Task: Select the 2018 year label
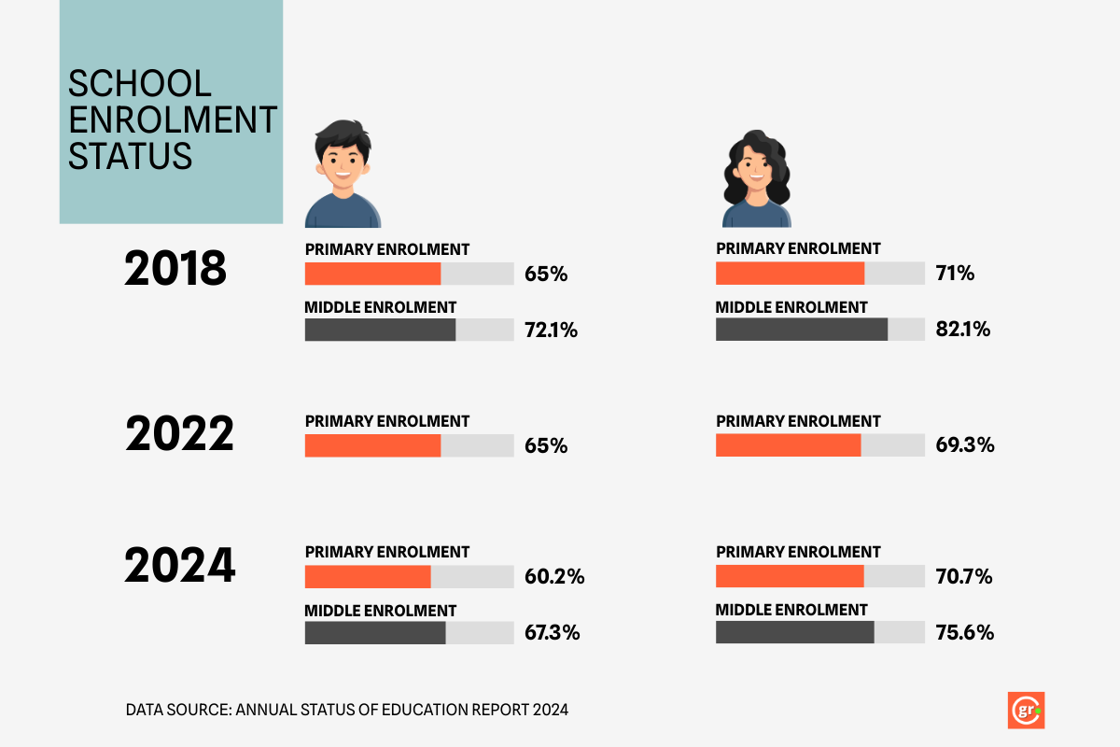click(x=175, y=269)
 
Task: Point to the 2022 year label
click(x=179, y=435)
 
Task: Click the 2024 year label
click(x=179, y=566)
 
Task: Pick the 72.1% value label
click(x=552, y=330)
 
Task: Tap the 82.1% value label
click(x=962, y=330)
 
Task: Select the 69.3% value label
click(x=964, y=445)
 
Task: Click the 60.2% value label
click(x=554, y=576)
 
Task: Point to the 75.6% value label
click(x=964, y=632)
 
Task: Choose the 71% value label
click(x=955, y=274)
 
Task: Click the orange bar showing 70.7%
click(x=790, y=576)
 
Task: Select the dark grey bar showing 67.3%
click(x=375, y=633)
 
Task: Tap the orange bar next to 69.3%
click(x=788, y=445)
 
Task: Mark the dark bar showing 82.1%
click(x=801, y=330)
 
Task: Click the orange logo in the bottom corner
click(x=1026, y=711)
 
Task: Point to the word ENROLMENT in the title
click(x=173, y=120)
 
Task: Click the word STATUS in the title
click(x=131, y=155)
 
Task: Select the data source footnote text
click(x=346, y=710)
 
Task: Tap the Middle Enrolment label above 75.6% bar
click(x=791, y=610)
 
